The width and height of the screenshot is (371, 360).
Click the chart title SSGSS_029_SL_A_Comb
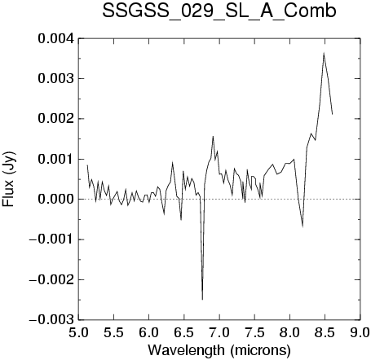pos(219,11)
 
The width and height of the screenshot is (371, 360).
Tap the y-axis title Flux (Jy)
pos(8,178)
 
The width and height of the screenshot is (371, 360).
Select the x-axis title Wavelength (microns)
pos(219,350)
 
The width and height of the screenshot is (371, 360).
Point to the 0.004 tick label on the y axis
pos(56,38)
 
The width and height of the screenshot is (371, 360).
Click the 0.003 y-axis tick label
pos(56,79)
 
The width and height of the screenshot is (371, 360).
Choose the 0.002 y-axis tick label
pos(56,119)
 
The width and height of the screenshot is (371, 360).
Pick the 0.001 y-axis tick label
pos(56,159)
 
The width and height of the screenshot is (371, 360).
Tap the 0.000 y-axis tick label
pos(56,200)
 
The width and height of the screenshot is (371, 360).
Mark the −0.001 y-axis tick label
pos(51,239)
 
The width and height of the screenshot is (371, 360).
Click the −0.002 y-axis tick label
pos(51,279)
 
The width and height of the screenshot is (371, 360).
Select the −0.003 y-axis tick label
pos(51,320)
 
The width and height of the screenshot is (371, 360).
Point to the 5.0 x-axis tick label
pos(78,332)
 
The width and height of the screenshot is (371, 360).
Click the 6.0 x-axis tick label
pos(149,332)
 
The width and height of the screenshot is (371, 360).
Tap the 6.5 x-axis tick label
pos(184,332)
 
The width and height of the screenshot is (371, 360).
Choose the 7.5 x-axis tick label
pos(254,332)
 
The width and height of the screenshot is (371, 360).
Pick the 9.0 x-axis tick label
pos(360,332)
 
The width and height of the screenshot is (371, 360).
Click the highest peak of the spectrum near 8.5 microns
pos(324,53)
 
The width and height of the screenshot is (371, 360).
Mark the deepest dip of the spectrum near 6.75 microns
pos(202,300)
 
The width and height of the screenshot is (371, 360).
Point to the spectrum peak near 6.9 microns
pos(213,136)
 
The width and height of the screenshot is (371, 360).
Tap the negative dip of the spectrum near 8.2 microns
pos(303,226)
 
